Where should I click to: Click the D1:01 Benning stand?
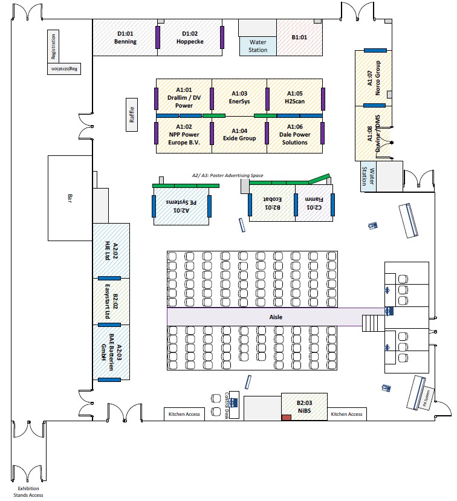[x=126, y=37]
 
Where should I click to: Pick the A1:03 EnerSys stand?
[x=239, y=97]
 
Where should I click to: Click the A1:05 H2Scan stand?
[x=294, y=97]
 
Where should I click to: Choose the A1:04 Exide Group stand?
[x=239, y=134]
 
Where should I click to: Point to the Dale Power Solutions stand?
[x=294, y=134]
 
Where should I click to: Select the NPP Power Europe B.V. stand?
[x=184, y=134]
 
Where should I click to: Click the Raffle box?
[x=132, y=114]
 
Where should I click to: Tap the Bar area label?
[x=70, y=198]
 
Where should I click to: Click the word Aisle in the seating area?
[x=276, y=317]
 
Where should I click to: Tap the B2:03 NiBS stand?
[x=304, y=407]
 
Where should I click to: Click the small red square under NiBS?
[x=286, y=417]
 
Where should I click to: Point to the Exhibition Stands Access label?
[x=30, y=491]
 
